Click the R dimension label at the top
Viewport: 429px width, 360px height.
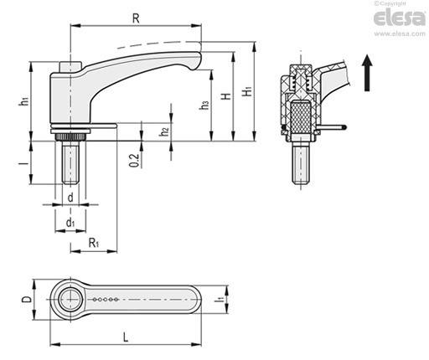click(136, 18)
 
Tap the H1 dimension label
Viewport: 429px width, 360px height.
click(247, 91)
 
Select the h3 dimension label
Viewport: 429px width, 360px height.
click(204, 105)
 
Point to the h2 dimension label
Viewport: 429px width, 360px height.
click(164, 131)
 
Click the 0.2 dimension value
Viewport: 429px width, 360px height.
click(134, 161)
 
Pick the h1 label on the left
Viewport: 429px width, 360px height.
click(24, 101)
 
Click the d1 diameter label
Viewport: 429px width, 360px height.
click(70, 223)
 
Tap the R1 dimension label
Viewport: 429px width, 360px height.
click(94, 243)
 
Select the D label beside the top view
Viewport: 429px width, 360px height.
click(27, 300)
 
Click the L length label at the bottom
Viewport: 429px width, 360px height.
click(126, 337)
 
